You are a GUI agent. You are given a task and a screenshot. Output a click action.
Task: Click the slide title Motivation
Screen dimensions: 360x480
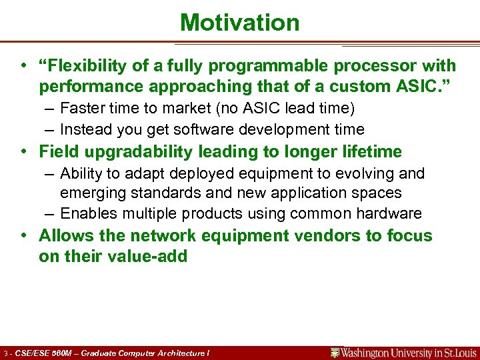click(240, 23)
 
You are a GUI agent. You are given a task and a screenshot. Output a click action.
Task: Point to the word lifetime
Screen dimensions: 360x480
click(370, 151)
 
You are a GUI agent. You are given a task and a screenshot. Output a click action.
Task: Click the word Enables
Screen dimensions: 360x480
click(87, 214)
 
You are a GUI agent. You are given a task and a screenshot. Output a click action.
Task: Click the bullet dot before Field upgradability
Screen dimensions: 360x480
click(23, 152)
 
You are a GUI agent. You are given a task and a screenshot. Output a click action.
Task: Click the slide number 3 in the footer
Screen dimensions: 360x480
click(5, 353)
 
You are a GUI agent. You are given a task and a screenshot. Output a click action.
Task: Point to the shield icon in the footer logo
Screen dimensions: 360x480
click(335, 353)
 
